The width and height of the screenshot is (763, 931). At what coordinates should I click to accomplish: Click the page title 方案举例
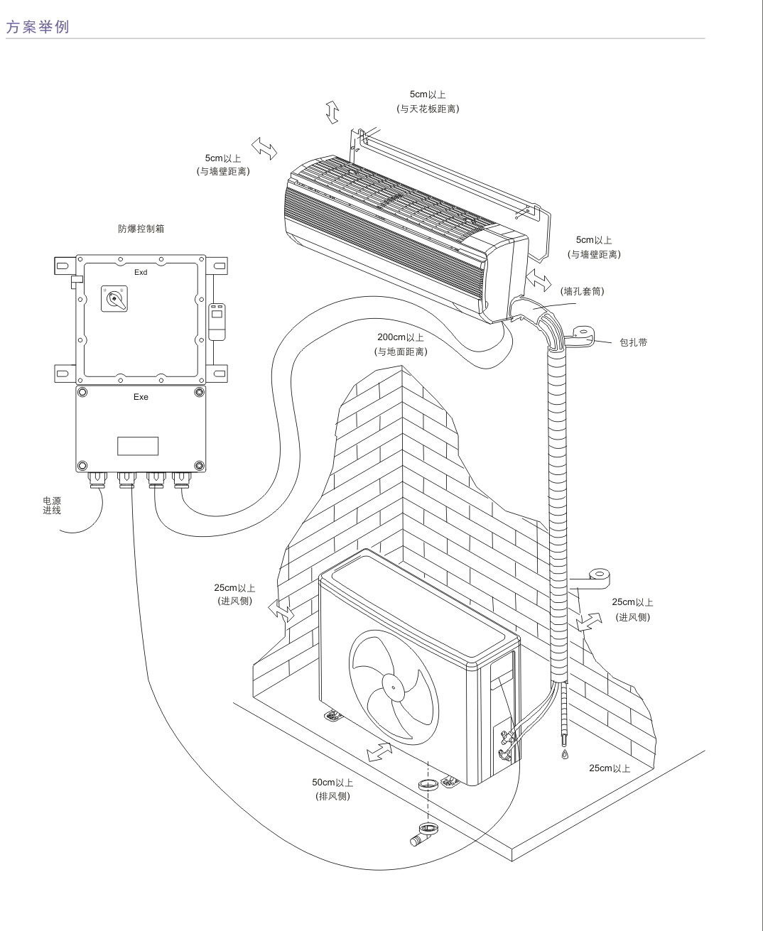[37, 28]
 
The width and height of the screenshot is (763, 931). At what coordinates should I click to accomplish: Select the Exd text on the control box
[141, 273]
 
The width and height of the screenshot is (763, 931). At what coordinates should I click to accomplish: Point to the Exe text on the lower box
[141, 397]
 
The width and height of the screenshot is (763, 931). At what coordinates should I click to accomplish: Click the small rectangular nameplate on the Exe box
[138, 446]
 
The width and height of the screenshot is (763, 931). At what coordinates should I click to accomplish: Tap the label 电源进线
[52, 506]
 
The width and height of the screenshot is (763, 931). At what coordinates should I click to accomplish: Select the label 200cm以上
[401, 337]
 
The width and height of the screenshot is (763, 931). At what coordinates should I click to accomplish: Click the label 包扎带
[633, 342]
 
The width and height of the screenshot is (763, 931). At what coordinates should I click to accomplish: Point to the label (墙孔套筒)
[583, 291]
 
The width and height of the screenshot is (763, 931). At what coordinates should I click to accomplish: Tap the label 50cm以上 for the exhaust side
[332, 783]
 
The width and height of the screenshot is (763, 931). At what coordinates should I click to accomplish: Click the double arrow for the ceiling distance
[332, 112]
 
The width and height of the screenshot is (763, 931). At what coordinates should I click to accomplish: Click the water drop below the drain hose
[565, 753]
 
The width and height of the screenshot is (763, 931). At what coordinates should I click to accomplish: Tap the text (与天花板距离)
[428, 109]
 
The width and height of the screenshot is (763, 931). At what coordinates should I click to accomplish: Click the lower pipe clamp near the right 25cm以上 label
[597, 577]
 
